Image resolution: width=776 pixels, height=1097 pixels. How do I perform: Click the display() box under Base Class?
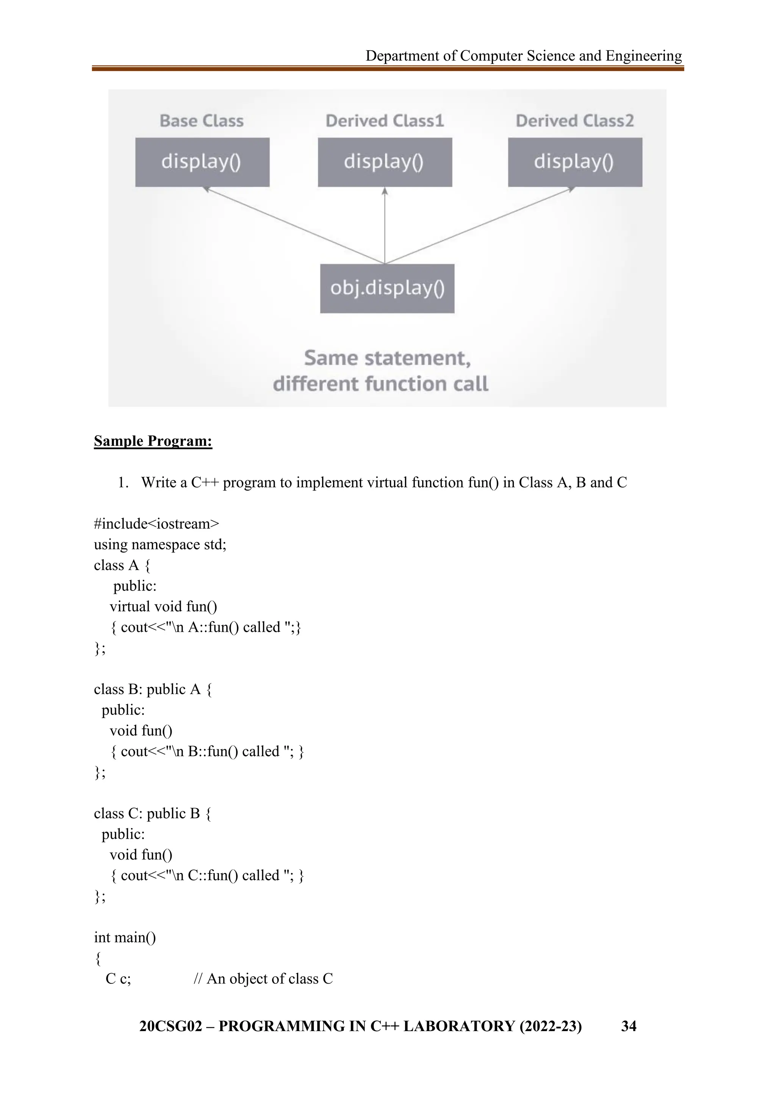click(x=202, y=162)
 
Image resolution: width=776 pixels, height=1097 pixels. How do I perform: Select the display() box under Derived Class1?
click(x=385, y=162)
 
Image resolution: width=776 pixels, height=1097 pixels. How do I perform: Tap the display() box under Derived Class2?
click(x=575, y=162)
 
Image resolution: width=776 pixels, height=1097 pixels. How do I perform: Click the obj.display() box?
click(x=387, y=288)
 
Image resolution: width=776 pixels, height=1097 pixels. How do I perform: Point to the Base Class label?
click(x=202, y=121)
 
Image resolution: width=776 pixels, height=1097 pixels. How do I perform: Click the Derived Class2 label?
click(x=575, y=121)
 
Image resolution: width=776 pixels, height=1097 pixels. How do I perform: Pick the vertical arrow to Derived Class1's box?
click(x=385, y=225)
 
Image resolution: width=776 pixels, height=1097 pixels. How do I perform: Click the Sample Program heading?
click(x=153, y=441)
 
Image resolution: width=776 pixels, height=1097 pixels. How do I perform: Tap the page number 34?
click(x=628, y=1026)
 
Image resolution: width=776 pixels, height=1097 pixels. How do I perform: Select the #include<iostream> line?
click(x=156, y=523)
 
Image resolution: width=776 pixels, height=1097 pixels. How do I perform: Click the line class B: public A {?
click(x=153, y=689)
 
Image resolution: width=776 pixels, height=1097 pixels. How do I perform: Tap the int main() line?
click(x=125, y=938)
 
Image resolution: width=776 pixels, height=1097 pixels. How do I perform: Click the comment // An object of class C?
click(x=263, y=979)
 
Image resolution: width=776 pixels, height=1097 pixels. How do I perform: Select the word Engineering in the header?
click(x=644, y=56)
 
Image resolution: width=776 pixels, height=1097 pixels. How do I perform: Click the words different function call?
click(x=380, y=384)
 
